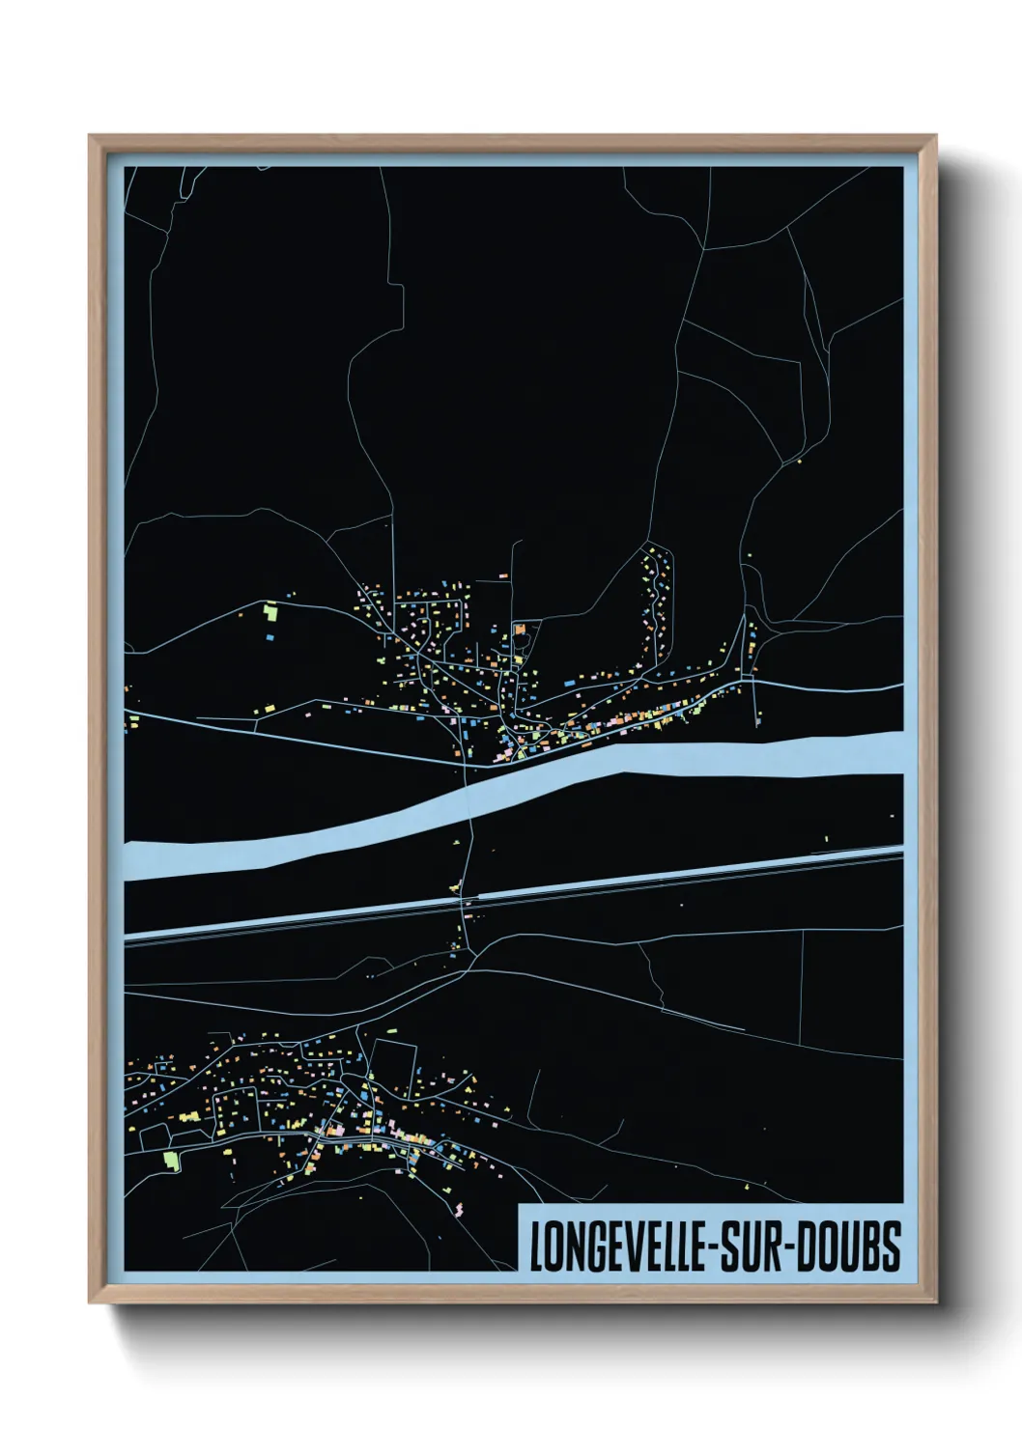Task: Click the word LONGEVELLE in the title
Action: [x=617, y=1247]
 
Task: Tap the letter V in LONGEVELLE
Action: [x=631, y=1247]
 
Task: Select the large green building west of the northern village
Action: [x=270, y=610]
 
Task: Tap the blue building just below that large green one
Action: [x=270, y=636]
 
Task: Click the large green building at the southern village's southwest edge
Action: [x=172, y=1158]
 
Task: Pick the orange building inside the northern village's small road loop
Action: [x=520, y=629]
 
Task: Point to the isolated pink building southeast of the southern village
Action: [x=458, y=1206]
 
